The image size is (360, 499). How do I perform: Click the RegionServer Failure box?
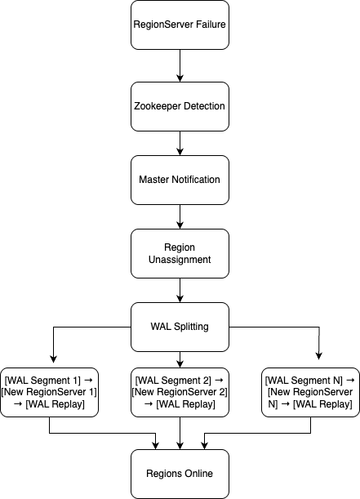pyautogui.click(x=179, y=25)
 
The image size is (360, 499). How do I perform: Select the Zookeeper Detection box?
pyautogui.click(x=179, y=106)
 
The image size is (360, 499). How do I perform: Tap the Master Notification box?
pyautogui.click(x=179, y=180)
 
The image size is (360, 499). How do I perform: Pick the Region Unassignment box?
pyautogui.click(x=179, y=252)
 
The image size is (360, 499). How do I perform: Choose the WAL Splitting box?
pyautogui.click(x=179, y=327)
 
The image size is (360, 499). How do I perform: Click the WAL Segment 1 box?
pyautogui.click(x=50, y=392)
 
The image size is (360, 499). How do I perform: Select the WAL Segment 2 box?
pyautogui.click(x=179, y=392)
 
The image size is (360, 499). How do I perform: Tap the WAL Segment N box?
pyautogui.click(x=309, y=392)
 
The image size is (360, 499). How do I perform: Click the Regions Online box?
pyautogui.click(x=179, y=474)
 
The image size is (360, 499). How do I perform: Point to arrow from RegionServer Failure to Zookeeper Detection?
pyautogui.click(x=179, y=65)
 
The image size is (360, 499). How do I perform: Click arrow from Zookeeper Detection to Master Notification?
pyautogui.click(x=179, y=143)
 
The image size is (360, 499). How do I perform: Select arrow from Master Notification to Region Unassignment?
pyautogui.click(x=179, y=216)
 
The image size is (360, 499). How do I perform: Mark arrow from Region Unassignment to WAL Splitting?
pyautogui.click(x=179, y=290)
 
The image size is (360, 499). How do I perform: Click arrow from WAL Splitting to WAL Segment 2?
pyautogui.click(x=179, y=358)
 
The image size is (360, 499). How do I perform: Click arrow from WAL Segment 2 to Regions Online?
pyautogui.click(x=179, y=433)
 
